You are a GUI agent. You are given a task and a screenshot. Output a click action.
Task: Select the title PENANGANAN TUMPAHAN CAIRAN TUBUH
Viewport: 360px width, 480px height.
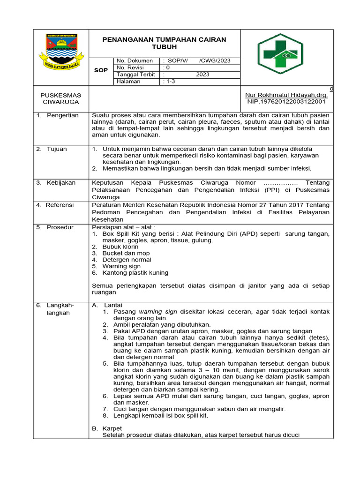click(164, 43)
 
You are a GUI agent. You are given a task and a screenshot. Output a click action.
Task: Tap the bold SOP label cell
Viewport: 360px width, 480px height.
click(101, 70)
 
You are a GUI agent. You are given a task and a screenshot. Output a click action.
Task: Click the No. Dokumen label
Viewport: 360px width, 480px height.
click(135, 60)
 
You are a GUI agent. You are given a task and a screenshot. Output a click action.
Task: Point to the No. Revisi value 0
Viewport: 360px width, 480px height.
click(166, 67)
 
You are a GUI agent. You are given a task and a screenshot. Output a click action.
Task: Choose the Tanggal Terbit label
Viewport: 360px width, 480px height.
click(136, 75)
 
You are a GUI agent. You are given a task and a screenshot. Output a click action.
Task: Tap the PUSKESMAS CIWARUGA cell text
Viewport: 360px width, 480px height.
click(60, 98)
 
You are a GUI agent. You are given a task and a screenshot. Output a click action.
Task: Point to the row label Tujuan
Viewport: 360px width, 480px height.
click(56, 149)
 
